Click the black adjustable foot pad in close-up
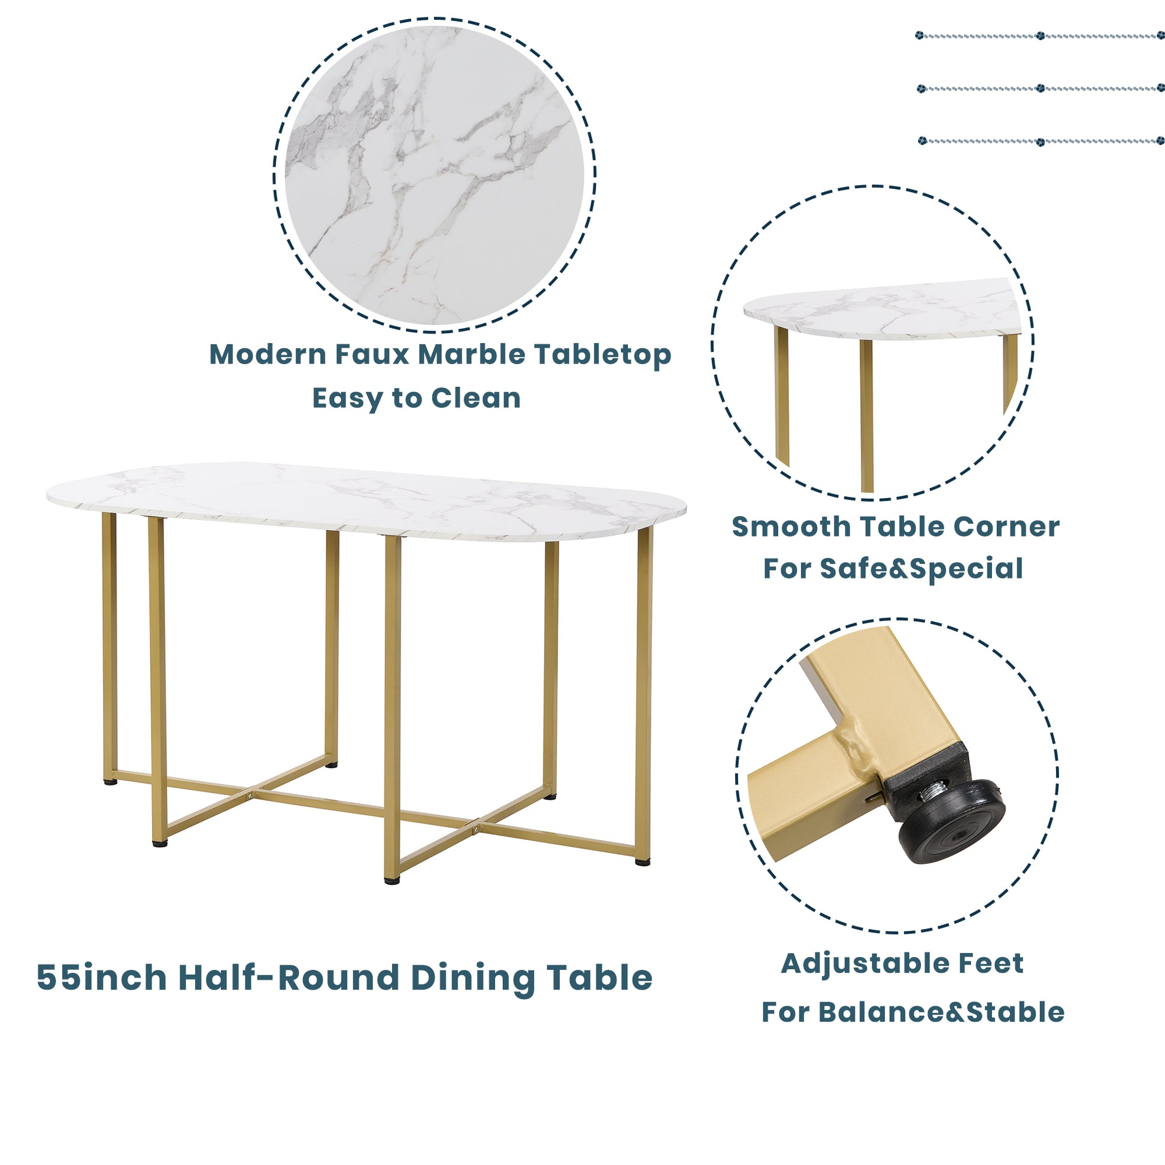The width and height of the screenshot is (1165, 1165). (x=951, y=823)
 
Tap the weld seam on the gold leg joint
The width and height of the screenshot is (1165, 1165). (x=859, y=748)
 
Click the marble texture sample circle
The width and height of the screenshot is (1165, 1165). (x=434, y=175)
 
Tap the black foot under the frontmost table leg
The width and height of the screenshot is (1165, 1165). (x=392, y=881)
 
